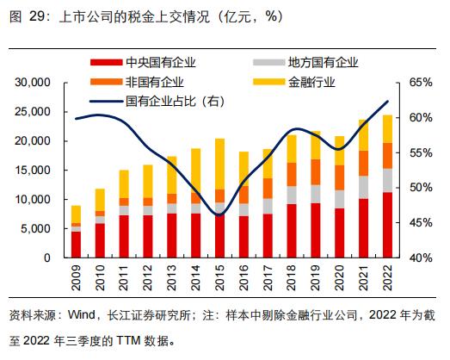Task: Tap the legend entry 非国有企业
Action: click(155, 82)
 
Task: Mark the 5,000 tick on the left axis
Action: click(38, 228)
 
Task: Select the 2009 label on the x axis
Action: click(77, 277)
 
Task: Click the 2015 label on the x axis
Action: click(220, 277)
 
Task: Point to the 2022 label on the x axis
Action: click(388, 277)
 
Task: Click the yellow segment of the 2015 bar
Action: click(220, 164)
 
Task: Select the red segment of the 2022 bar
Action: click(388, 225)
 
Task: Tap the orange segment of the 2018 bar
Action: click(292, 174)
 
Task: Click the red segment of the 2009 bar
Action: click(77, 244)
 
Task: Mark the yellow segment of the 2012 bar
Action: click(148, 181)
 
